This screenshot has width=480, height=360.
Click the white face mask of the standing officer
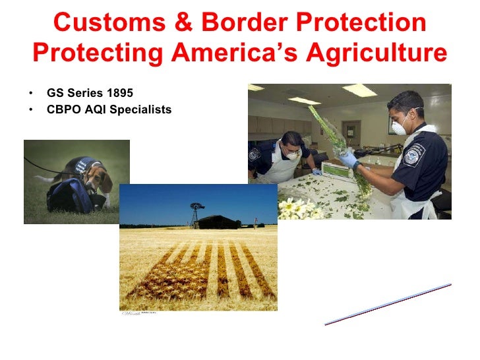pyautogui.click(x=400, y=125)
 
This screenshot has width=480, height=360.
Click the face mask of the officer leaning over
pyautogui.click(x=293, y=154)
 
